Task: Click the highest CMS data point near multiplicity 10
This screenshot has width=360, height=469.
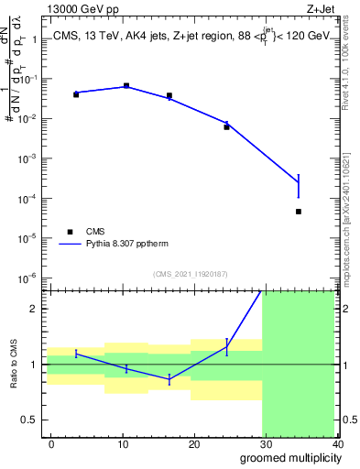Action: [x=125, y=85]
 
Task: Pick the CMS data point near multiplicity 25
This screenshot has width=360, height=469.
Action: [x=226, y=126]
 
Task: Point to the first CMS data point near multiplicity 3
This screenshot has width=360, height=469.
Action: [x=76, y=94]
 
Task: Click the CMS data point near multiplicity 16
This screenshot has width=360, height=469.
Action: [x=169, y=95]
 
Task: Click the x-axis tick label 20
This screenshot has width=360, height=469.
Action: [x=194, y=444]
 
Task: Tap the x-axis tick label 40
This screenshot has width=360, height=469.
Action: [x=337, y=444]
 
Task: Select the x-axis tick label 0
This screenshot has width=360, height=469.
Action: [x=51, y=444]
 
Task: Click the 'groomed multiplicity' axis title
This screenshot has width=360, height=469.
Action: [x=287, y=457]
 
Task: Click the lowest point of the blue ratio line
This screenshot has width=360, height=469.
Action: [x=169, y=379]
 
